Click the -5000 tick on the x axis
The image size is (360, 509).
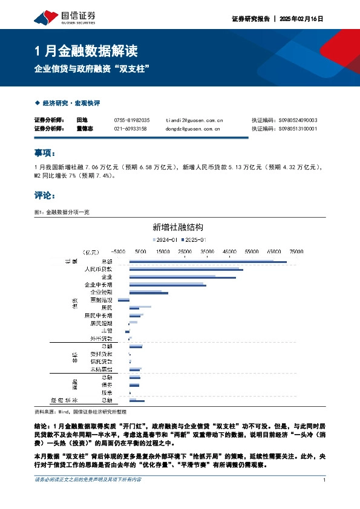118,251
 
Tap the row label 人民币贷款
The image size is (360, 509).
98,268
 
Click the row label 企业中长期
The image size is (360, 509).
99,284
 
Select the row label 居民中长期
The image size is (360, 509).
99,315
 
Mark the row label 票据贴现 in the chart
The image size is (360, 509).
101,299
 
